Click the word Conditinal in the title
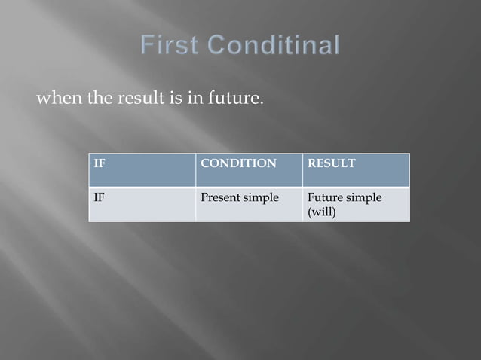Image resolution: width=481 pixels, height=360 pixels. click(x=273, y=46)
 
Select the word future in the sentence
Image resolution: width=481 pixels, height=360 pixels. click(x=233, y=99)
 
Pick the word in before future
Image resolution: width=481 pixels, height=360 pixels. click(x=195, y=99)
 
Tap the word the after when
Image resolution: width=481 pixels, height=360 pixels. click(x=100, y=99)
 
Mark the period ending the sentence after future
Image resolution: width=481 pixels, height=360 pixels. click(x=262, y=104)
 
